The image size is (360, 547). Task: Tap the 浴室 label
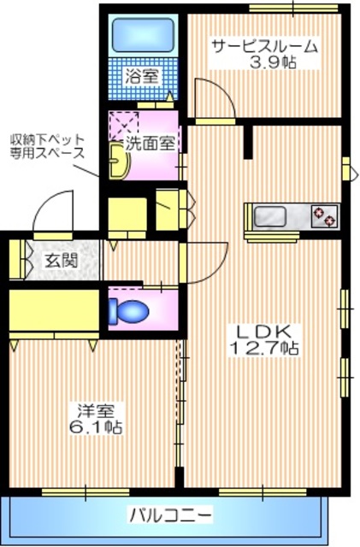coord(142,76)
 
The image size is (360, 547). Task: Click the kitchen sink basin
coord(273,215)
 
